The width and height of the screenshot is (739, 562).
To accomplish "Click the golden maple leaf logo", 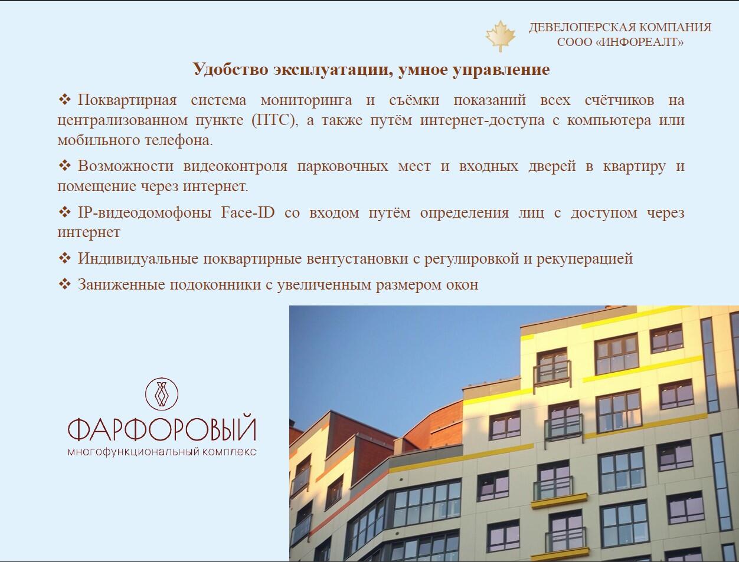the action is click(501, 36).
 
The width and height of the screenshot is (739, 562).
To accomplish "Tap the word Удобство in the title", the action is click(231, 69).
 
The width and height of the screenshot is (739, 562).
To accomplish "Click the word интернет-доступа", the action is click(482, 120).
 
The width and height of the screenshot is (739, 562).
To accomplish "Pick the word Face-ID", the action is click(248, 212).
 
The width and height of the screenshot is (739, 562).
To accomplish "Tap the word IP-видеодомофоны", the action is click(145, 212).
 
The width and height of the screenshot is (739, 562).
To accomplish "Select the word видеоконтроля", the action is click(236, 166).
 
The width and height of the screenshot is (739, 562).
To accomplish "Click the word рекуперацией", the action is click(584, 259).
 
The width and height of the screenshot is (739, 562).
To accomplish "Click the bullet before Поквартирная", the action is click(65, 100).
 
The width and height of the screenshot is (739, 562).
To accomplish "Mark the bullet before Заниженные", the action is click(65, 284).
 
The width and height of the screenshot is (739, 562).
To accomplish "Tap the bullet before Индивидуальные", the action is click(65, 258).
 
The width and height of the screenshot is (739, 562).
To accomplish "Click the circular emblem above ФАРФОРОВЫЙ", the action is click(162, 393).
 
